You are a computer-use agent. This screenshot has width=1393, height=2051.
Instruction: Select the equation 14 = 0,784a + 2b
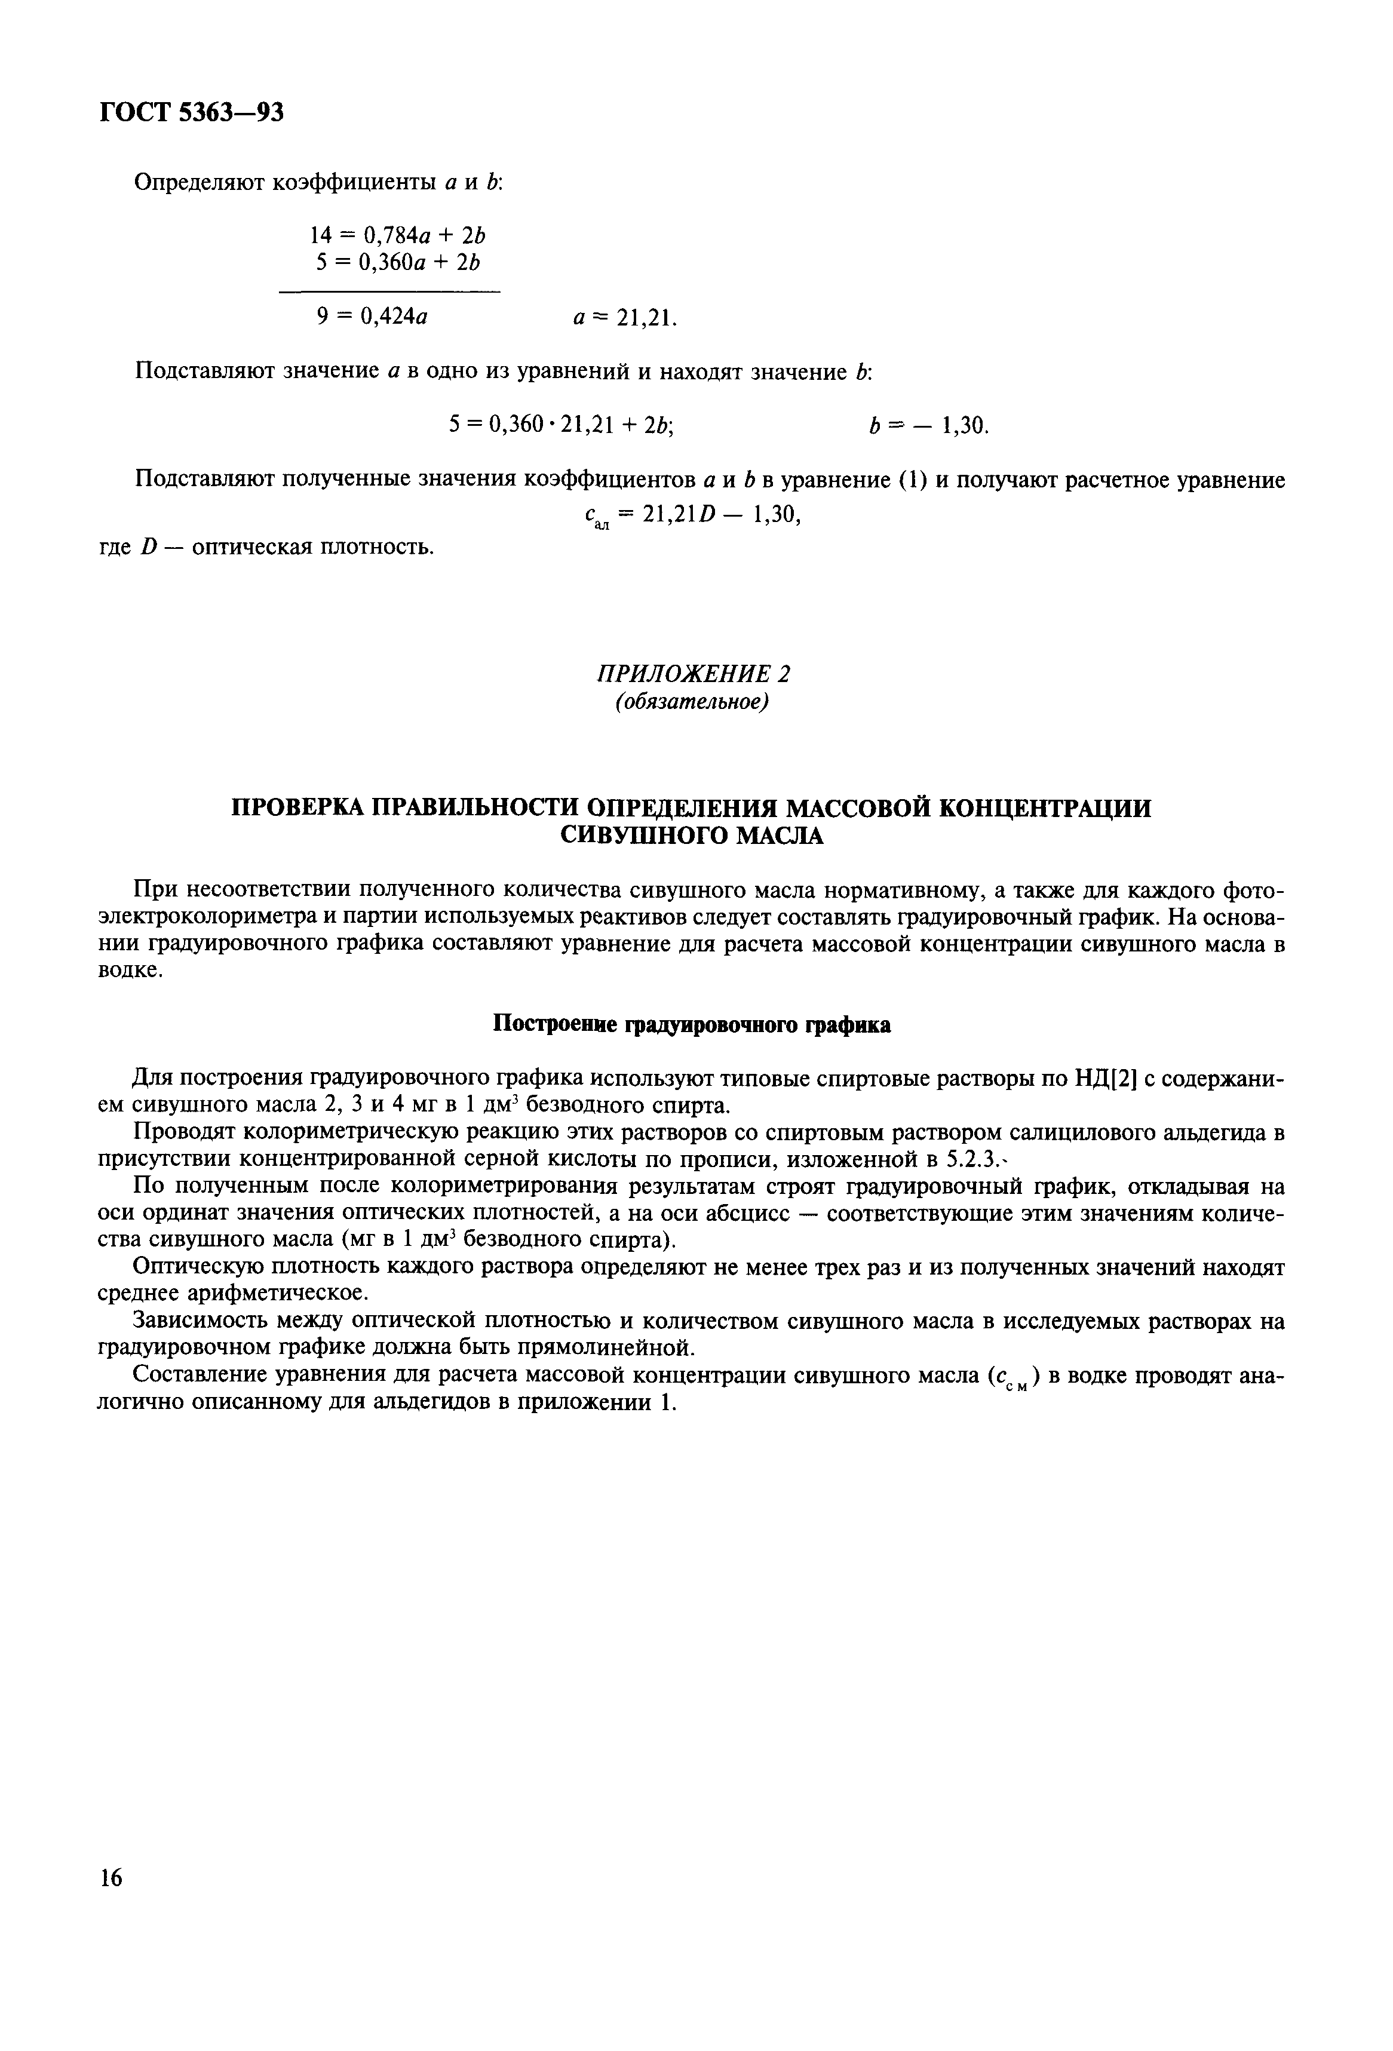[x=398, y=235]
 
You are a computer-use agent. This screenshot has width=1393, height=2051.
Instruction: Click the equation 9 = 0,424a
[x=372, y=316]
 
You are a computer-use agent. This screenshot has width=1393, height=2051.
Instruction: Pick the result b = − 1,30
[x=928, y=426]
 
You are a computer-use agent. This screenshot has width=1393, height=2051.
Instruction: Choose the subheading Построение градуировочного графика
[x=691, y=1025]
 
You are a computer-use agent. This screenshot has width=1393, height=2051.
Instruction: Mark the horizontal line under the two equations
[x=389, y=291]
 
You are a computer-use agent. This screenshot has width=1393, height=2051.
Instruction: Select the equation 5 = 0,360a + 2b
[x=398, y=262]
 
